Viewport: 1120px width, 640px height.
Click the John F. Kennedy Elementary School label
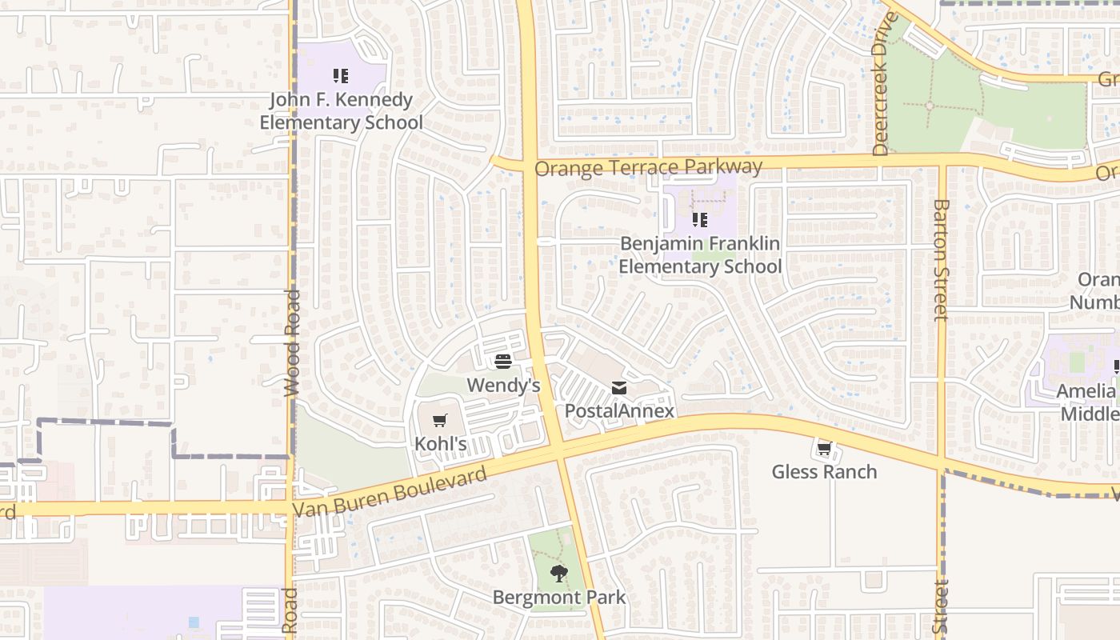(341, 111)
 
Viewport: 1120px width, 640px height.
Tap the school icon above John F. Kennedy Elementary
(341, 76)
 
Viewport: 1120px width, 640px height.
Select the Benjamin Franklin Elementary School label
(700, 254)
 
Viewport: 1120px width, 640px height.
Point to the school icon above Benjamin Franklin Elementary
(700, 219)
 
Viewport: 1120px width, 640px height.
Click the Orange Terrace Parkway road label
(648, 167)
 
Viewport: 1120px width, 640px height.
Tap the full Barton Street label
(940, 260)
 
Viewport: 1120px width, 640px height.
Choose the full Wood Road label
(292, 332)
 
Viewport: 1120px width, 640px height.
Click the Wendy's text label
(503, 385)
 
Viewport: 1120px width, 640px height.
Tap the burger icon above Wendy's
(502, 362)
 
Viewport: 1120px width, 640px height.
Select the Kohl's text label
(440, 443)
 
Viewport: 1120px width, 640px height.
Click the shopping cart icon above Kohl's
(439, 420)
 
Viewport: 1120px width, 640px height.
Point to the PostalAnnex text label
(619, 411)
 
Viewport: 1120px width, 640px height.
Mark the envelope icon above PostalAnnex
(619, 388)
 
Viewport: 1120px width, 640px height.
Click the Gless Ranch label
(824, 471)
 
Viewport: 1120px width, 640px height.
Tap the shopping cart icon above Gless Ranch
(824, 449)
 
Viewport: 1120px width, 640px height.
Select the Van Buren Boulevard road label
(390, 492)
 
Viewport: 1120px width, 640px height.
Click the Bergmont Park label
(558, 597)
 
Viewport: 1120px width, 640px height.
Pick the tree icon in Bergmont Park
(558, 573)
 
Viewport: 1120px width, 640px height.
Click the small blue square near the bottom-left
(194, 622)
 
